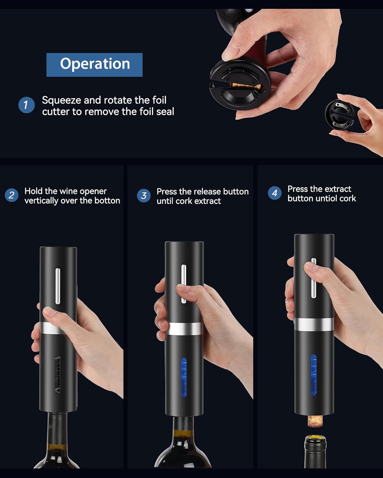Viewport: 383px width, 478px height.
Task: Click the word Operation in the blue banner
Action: click(95, 64)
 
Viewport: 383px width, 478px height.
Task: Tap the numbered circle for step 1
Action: click(26, 105)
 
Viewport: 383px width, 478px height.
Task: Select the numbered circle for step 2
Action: click(11, 195)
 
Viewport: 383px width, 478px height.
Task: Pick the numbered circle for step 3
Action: click(144, 195)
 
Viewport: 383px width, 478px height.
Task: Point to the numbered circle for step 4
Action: click(274, 193)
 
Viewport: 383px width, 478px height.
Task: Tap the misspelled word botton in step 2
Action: click(107, 200)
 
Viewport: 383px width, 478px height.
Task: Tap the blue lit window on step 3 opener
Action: click(184, 377)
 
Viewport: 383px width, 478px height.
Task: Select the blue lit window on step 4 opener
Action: click(313, 375)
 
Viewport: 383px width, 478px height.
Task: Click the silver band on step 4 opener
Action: click(314, 324)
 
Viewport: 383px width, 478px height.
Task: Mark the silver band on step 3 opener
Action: click(184, 329)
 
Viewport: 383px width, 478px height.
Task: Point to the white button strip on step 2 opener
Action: click(58, 286)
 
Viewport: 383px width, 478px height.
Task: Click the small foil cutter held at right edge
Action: click(340, 115)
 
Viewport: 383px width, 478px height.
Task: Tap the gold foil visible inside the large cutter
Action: click(245, 86)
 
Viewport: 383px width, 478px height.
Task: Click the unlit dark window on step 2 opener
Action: click(58, 375)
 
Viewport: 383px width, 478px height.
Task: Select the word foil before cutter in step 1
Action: click(159, 100)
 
